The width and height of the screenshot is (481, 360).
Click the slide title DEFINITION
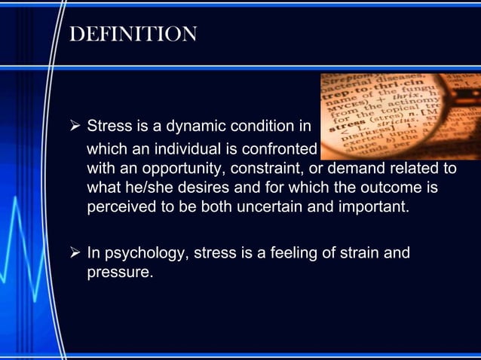point(133,34)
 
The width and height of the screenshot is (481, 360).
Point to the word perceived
point(120,206)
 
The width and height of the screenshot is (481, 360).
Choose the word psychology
point(143,253)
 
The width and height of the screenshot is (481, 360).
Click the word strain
point(366,253)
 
